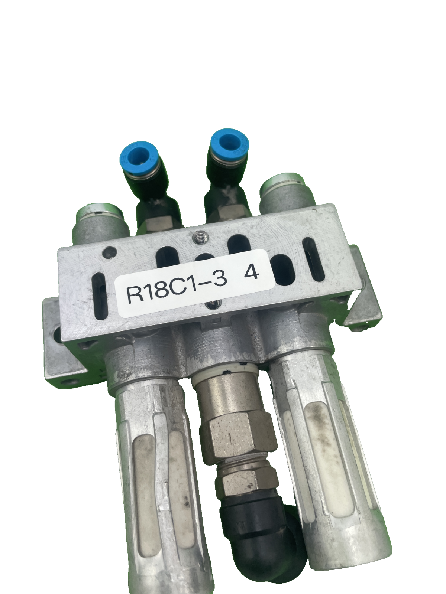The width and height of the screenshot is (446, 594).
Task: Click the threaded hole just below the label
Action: [211, 306]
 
